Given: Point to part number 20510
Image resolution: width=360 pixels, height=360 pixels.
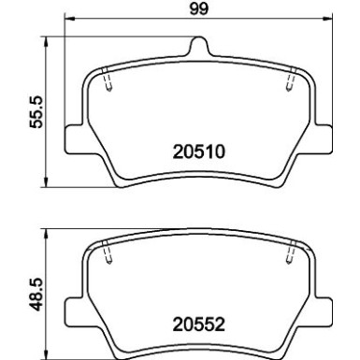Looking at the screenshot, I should [x=198, y=149].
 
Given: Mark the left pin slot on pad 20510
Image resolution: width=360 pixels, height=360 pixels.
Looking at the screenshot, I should [x=108, y=83].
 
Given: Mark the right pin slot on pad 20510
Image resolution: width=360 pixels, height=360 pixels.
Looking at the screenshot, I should [x=291, y=83].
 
